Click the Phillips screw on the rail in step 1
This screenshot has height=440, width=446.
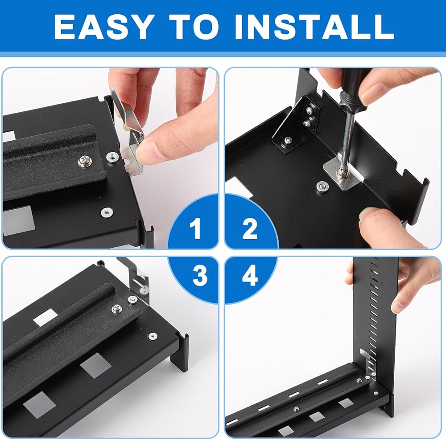pyautogui.click(x=86, y=161)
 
